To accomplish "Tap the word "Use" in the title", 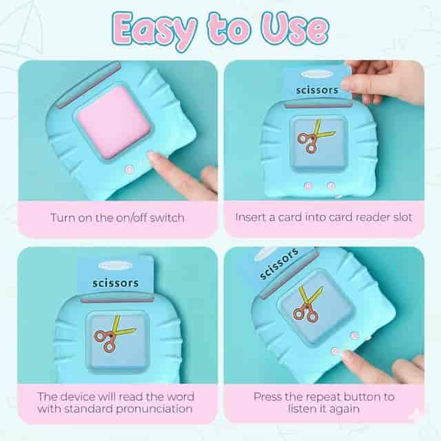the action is pos(294,29).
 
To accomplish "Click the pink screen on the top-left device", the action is pos(114,122).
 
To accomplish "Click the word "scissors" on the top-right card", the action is pos(317,90).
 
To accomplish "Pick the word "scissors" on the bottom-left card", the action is pos(116,283).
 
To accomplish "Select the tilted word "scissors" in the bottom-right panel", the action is pos(278,264).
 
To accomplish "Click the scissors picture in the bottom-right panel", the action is pos(308,305).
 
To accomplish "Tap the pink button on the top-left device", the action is pos(129,170).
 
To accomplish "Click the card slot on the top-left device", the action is pos(88,85).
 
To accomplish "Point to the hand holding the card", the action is pos(383,81).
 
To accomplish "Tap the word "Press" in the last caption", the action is pos(267,397).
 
